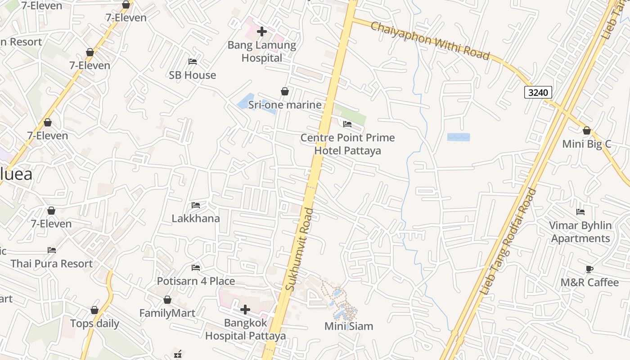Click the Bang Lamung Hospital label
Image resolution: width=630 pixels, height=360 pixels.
pyautogui.click(x=261, y=51)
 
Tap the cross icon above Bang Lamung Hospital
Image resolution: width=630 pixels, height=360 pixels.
pyautogui.click(x=261, y=31)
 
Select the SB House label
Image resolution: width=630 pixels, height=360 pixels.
pyautogui.click(x=192, y=75)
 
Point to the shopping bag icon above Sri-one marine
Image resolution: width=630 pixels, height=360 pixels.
pyautogui.click(x=285, y=91)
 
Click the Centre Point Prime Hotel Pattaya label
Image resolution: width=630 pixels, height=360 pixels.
pyautogui.click(x=347, y=144)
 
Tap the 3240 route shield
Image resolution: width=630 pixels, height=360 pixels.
pyautogui.click(x=538, y=93)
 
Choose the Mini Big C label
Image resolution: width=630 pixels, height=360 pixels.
pyautogui.click(x=586, y=144)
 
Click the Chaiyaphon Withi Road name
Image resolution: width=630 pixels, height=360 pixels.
pyautogui.click(x=429, y=40)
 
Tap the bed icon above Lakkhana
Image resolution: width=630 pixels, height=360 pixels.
pyautogui.click(x=196, y=205)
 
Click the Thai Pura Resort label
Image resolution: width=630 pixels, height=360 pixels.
pyautogui.click(x=52, y=264)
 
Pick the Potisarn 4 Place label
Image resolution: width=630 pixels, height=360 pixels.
pyautogui.click(x=196, y=281)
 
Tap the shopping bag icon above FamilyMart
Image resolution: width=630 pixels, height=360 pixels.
pyautogui.click(x=167, y=300)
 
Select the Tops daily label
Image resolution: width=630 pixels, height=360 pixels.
pyautogui.click(x=94, y=324)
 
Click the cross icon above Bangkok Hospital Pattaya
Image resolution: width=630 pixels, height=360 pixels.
pyautogui.click(x=245, y=309)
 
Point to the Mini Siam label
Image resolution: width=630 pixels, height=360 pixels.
pyautogui.click(x=349, y=326)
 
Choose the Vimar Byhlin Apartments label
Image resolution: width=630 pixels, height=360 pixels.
pyautogui.click(x=580, y=232)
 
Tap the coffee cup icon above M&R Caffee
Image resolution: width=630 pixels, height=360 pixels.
pyautogui.click(x=589, y=269)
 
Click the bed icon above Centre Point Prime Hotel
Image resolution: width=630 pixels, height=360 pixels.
pyautogui.click(x=347, y=124)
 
